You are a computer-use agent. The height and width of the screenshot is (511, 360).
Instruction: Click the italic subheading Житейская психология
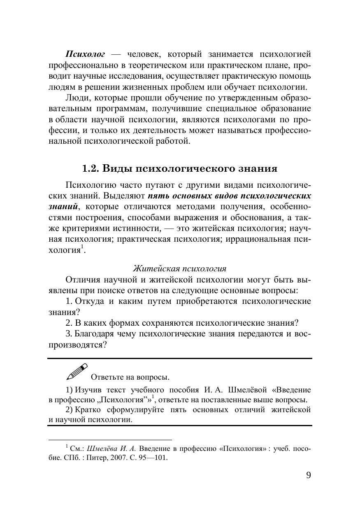[x=180, y=268]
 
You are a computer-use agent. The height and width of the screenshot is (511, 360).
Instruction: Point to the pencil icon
[x=77, y=371]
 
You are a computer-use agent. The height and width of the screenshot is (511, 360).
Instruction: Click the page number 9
[x=309, y=475]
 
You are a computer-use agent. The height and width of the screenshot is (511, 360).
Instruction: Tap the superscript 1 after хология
[x=82, y=247]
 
